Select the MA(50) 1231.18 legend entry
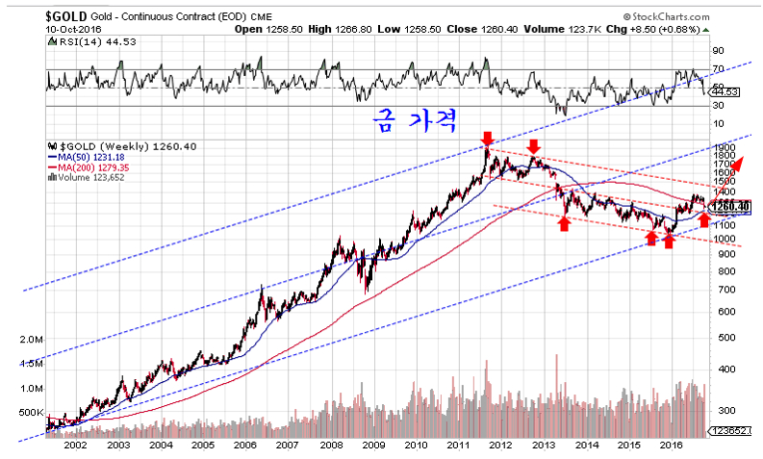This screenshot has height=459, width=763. (x=86, y=157)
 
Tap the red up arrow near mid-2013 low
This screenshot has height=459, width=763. (x=564, y=223)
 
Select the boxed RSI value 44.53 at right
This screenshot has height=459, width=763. (x=732, y=92)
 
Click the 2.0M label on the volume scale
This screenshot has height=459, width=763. (x=32, y=341)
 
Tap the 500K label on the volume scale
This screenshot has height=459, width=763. (x=32, y=413)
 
